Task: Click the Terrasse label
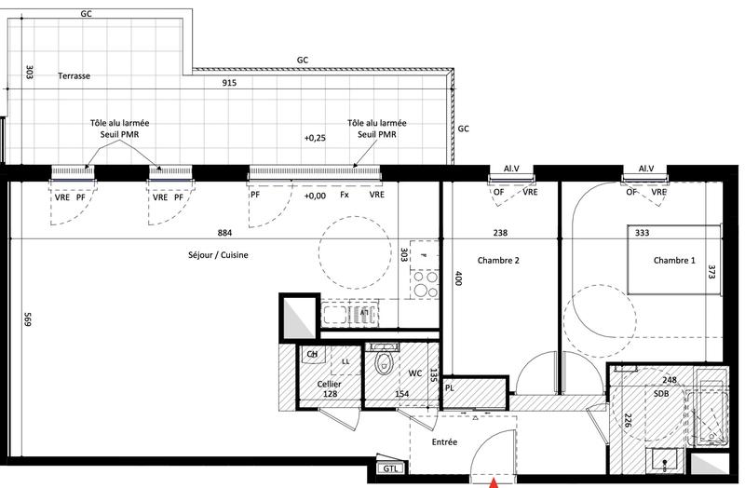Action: (73, 76)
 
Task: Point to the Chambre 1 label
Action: (674, 260)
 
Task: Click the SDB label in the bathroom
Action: (661, 393)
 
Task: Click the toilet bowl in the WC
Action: (382, 365)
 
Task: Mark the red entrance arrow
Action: (494, 482)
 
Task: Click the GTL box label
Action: (388, 469)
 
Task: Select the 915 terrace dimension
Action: (228, 84)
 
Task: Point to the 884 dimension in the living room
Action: (223, 233)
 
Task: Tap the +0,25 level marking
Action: (315, 138)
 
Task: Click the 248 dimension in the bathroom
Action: (670, 380)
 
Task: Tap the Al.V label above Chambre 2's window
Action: (510, 169)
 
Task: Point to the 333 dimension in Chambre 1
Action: (641, 233)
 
